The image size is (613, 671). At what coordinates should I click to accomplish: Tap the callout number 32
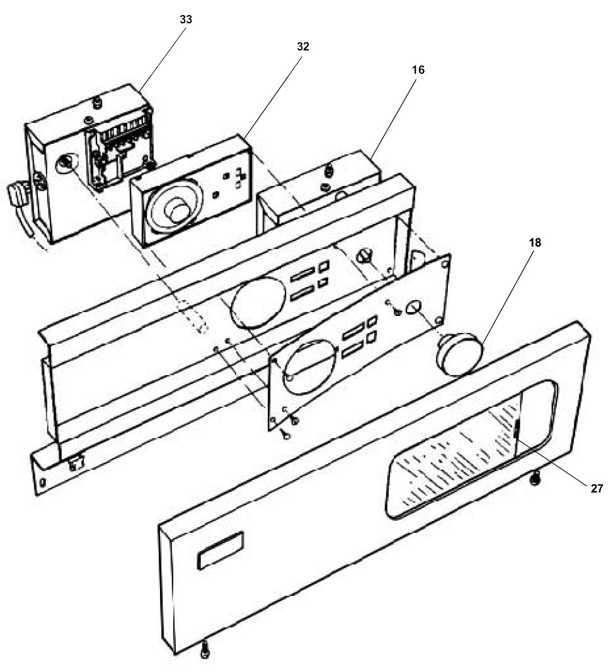303,47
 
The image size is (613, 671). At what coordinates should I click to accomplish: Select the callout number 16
418,70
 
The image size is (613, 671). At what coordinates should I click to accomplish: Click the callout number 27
597,488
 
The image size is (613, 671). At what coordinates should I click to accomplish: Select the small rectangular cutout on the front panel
219,551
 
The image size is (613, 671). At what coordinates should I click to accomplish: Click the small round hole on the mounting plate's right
415,307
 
